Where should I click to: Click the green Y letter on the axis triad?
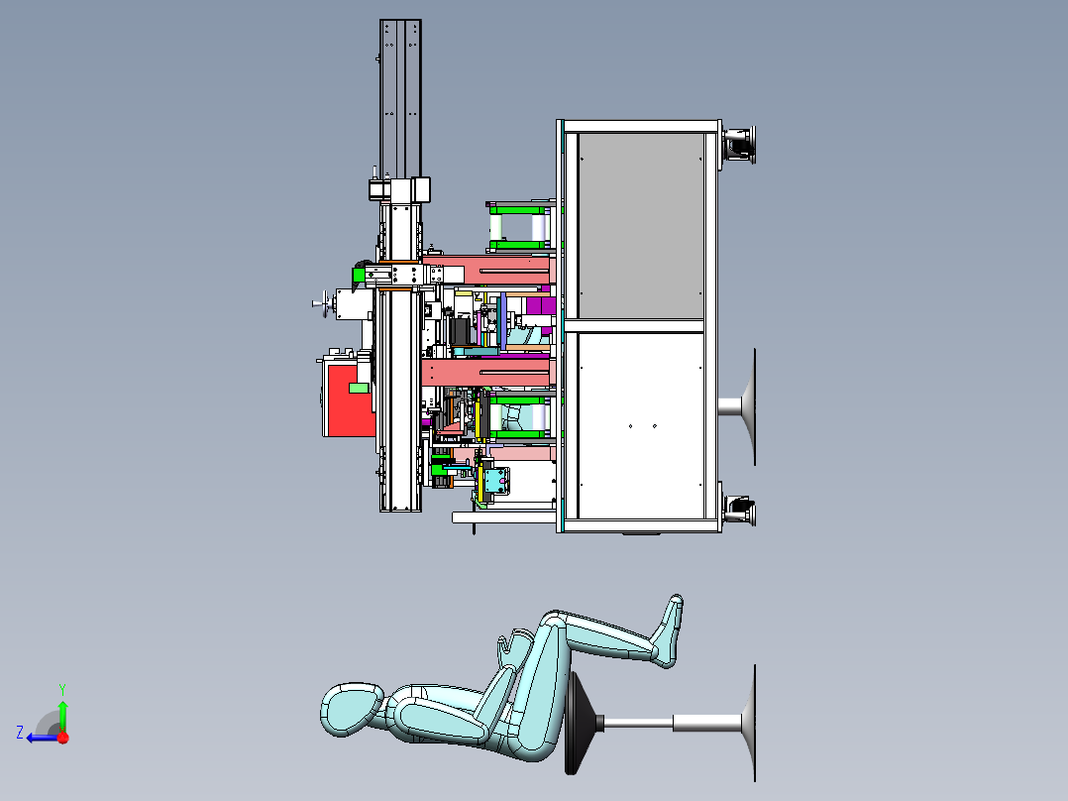click(62, 689)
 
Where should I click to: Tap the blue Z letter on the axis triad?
click(20, 733)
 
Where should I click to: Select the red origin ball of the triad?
click(63, 738)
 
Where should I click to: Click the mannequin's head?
click(353, 710)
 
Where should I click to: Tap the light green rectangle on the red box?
click(359, 388)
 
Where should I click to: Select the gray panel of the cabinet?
click(640, 225)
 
